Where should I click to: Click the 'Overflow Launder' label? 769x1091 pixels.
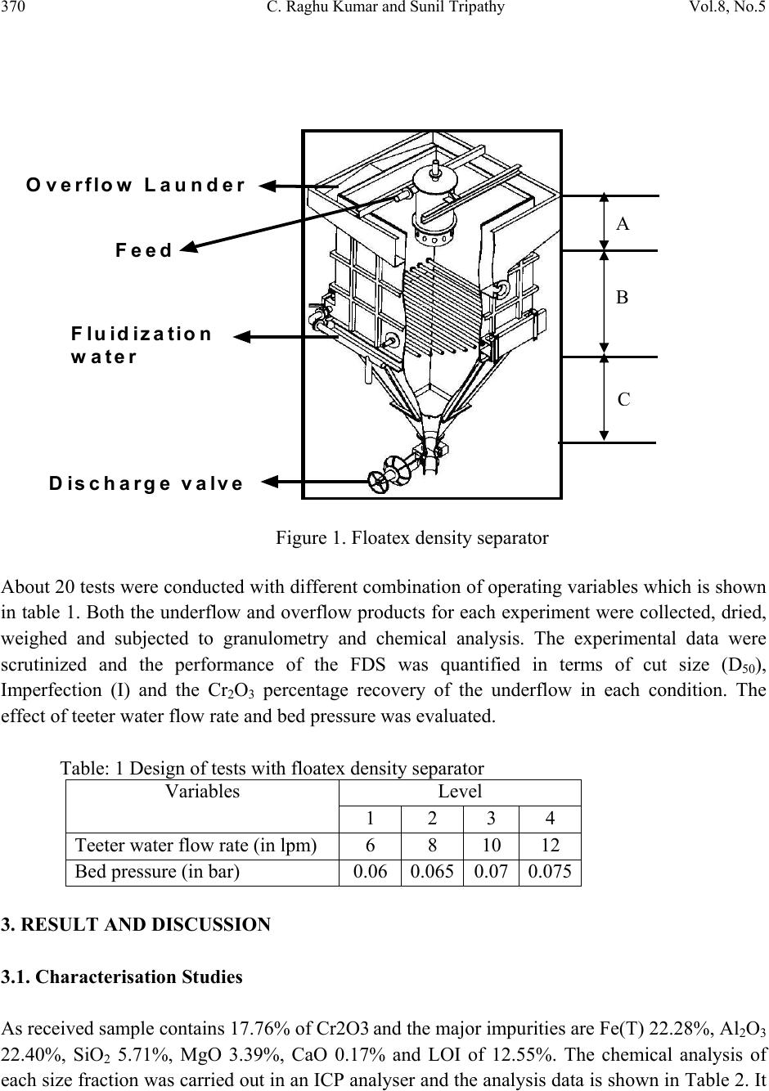tap(136, 185)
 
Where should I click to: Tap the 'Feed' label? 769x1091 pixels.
tap(144, 250)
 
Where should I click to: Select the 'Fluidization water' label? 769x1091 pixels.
tap(141, 345)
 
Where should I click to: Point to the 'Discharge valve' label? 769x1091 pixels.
tap(146, 483)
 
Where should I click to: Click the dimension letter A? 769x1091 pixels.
tap(623, 224)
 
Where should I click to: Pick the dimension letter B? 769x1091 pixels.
tap(623, 298)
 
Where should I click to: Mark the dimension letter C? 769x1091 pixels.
tap(623, 400)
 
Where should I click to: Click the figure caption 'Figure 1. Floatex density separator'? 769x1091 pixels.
tap(411, 538)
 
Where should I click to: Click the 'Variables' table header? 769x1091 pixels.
tap(202, 792)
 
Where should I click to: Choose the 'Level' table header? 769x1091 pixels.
tap(460, 792)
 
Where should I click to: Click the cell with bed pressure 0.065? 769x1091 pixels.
tap(432, 871)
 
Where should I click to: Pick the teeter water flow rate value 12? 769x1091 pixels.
tap(550, 845)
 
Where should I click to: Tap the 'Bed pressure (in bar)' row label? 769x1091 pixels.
tap(157, 871)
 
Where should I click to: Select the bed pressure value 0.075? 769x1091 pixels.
tap(550, 871)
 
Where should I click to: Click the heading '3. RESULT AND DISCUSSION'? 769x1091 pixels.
tap(136, 925)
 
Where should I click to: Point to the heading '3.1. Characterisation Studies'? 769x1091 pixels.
tap(123, 977)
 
